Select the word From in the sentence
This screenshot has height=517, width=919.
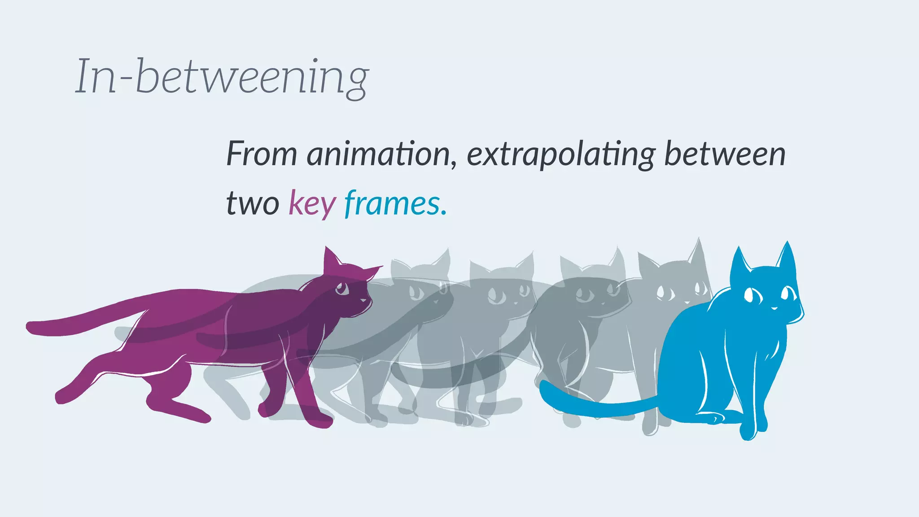tap(262, 154)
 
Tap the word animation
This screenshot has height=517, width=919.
tap(378, 154)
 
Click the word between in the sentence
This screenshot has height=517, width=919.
tap(725, 154)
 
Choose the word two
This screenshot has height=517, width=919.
tap(253, 203)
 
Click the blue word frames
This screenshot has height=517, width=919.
tap(392, 203)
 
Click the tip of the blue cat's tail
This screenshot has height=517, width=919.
tap(544, 386)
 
